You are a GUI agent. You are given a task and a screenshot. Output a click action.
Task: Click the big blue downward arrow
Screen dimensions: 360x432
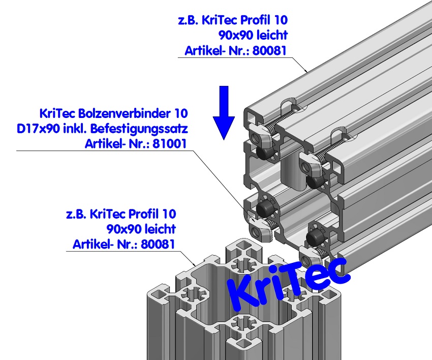click(x=224, y=114)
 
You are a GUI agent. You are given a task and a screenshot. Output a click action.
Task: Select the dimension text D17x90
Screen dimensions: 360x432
click(x=34, y=128)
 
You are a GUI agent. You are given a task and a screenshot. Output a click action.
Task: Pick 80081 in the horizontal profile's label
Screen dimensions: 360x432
click(x=270, y=50)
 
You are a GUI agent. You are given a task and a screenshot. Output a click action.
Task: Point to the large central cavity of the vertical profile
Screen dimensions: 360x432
click(x=216, y=285)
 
